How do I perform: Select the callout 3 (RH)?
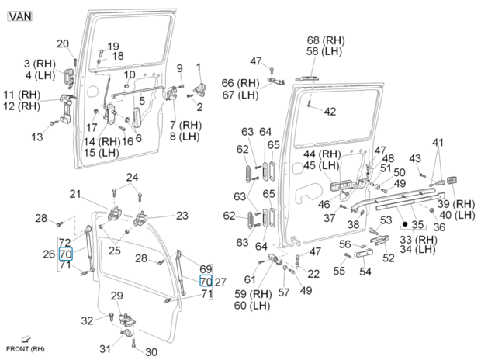point(38,63)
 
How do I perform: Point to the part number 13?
point(37,137)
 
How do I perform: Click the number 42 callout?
point(330,112)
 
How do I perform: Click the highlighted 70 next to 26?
point(66,254)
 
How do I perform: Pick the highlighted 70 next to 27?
point(206,281)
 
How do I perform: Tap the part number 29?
point(116,296)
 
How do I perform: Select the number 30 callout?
point(151,351)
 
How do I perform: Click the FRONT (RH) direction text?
point(31,348)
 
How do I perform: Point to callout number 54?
point(365,272)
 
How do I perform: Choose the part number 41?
point(439,142)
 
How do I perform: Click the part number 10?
point(130,74)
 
